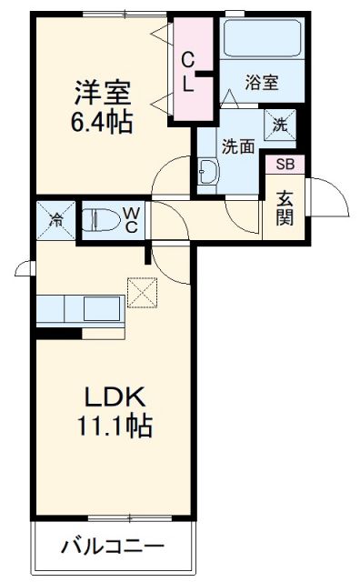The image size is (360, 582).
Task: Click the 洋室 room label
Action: point(103,92)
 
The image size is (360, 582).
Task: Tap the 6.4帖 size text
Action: point(103,121)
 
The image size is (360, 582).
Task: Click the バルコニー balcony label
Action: point(114,547)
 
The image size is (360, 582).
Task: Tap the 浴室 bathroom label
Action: point(262,83)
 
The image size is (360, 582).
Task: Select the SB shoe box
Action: point(285,165)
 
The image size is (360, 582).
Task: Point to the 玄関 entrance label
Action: point(285,208)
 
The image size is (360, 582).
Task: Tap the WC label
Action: point(131,219)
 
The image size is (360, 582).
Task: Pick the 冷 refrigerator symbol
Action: point(56,219)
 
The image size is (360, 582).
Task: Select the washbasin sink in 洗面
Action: point(205,169)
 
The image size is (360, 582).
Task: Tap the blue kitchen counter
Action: point(80,309)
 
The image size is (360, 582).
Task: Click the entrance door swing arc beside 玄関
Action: point(329,196)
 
